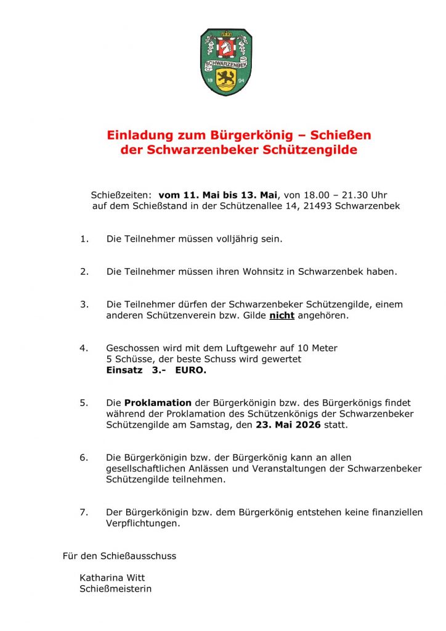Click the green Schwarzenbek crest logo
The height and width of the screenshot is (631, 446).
[226, 62]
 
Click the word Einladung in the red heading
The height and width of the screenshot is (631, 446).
[138, 135]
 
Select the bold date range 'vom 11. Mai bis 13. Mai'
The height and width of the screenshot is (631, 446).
[218, 195]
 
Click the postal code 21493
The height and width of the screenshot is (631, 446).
[318, 206]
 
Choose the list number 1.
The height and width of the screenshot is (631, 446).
[84, 238]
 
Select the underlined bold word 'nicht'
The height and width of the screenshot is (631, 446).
[282, 315]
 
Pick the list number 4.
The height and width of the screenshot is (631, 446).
[84, 348]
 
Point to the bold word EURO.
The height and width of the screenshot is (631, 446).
[191, 370]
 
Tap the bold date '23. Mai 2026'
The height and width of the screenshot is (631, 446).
[288, 425]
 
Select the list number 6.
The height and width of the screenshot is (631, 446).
[84, 458]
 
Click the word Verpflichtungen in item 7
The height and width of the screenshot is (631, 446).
[143, 524]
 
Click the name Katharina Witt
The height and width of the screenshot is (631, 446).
[112, 578]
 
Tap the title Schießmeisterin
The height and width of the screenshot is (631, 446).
[116, 589]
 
